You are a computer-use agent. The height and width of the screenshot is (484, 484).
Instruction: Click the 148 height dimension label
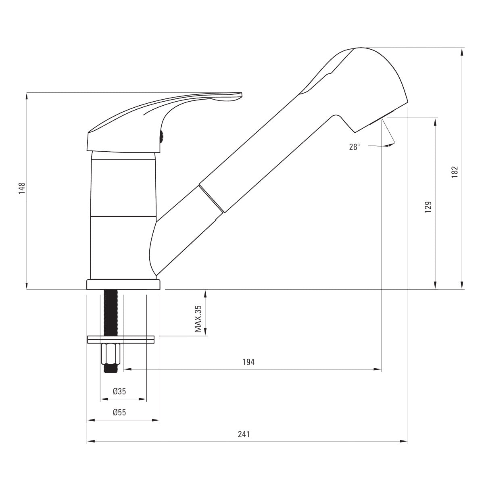pos(22,188)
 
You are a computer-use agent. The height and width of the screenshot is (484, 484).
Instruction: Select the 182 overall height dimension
pos(455,172)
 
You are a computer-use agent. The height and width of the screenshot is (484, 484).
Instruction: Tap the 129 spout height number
pos(428,207)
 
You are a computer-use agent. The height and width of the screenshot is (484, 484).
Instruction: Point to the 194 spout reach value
pos(248,362)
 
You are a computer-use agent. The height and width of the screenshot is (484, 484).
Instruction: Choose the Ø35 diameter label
pos(119,391)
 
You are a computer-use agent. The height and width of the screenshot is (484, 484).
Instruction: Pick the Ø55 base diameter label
pos(119,412)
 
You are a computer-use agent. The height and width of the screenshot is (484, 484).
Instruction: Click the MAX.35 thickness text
pos(198,319)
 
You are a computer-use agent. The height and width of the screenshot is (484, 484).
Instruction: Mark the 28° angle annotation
pos(355,147)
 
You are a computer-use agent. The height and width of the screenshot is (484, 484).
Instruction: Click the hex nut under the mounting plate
pos(111,355)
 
